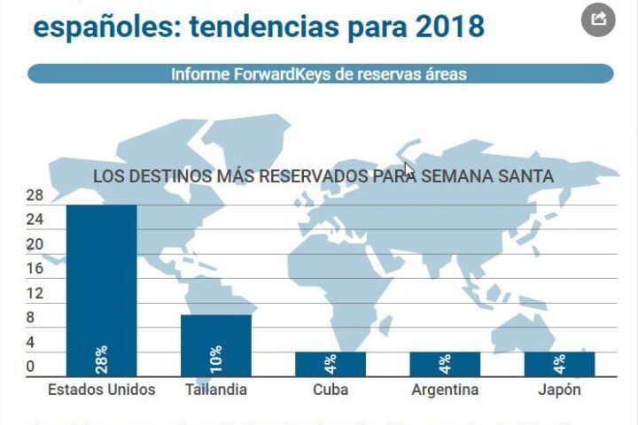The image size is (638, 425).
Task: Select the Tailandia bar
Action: click(x=215, y=344)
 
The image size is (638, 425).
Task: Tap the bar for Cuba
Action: click(x=330, y=363)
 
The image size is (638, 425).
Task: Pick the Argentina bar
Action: click(x=444, y=363)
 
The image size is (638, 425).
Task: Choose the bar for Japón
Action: click(x=559, y=363)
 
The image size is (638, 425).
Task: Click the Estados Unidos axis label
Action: click(x=101, y=390)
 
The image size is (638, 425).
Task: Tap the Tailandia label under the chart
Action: click(x=215, y=390)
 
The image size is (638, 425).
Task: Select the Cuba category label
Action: click(x=330, y=390)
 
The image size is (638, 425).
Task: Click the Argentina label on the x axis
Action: click(x=445, y=390)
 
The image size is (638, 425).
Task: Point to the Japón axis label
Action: click(x=559, y=390)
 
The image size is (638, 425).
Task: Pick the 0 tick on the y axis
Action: click(x=30, y=367)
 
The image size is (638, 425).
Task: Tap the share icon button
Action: click(x=597, y=19)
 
